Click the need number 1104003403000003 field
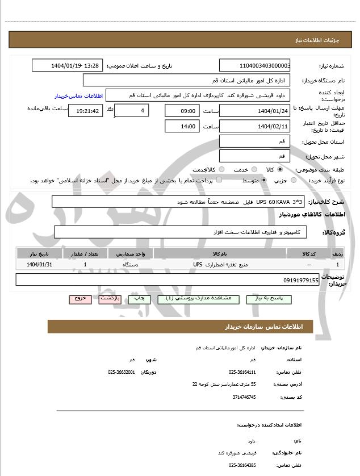(255, 65)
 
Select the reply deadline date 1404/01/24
(255, 110)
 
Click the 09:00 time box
(182, 110)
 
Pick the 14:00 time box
(182, 126)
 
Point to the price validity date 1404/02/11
(255, 126)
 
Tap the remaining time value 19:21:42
(85, 111)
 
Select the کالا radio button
(280, 169)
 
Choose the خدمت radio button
(254, 169)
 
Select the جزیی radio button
(294, 180)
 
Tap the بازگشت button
(110, 298)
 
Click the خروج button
(80, 298)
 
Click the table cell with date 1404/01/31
(39, 264)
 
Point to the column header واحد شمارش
(131, 253)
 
